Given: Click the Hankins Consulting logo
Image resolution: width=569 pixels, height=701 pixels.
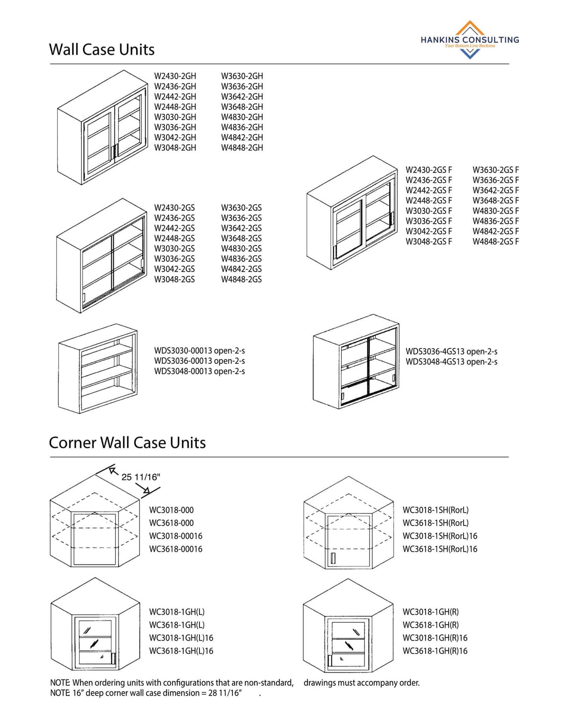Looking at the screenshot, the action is coord(469,40).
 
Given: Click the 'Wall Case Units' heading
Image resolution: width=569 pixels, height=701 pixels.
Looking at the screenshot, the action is coord(102,50).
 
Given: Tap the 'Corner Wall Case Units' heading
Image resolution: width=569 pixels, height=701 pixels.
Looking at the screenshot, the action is coord(127,443).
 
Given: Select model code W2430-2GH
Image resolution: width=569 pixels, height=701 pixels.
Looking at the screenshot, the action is coord(175,76).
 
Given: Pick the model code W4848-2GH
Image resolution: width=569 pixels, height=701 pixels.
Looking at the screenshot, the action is coord(242,148).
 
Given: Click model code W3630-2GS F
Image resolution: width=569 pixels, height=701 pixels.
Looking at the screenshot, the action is coord(496,170).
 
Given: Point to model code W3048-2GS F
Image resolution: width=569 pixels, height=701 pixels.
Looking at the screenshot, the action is coord(429,242).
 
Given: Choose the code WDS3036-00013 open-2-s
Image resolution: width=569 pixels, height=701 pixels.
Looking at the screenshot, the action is coord(200,361).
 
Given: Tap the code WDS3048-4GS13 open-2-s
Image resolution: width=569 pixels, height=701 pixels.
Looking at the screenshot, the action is coord(451,362).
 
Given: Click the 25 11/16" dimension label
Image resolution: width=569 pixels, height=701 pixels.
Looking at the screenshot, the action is coord(141,477).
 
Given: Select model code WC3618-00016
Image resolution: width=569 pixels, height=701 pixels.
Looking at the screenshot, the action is coord(176,549).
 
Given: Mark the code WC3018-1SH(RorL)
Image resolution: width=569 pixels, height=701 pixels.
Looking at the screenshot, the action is coord(435,510).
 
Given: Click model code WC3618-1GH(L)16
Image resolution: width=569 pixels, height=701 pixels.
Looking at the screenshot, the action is coord(181,651).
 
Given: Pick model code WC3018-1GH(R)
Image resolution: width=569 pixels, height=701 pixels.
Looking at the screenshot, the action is coord(431,612).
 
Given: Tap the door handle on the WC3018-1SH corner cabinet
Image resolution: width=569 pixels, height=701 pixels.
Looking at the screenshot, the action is coord(333,558).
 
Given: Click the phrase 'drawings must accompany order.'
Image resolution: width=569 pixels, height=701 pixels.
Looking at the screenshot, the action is coord(362,683).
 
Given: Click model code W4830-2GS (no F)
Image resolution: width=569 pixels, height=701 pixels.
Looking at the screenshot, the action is coord(241,249).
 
